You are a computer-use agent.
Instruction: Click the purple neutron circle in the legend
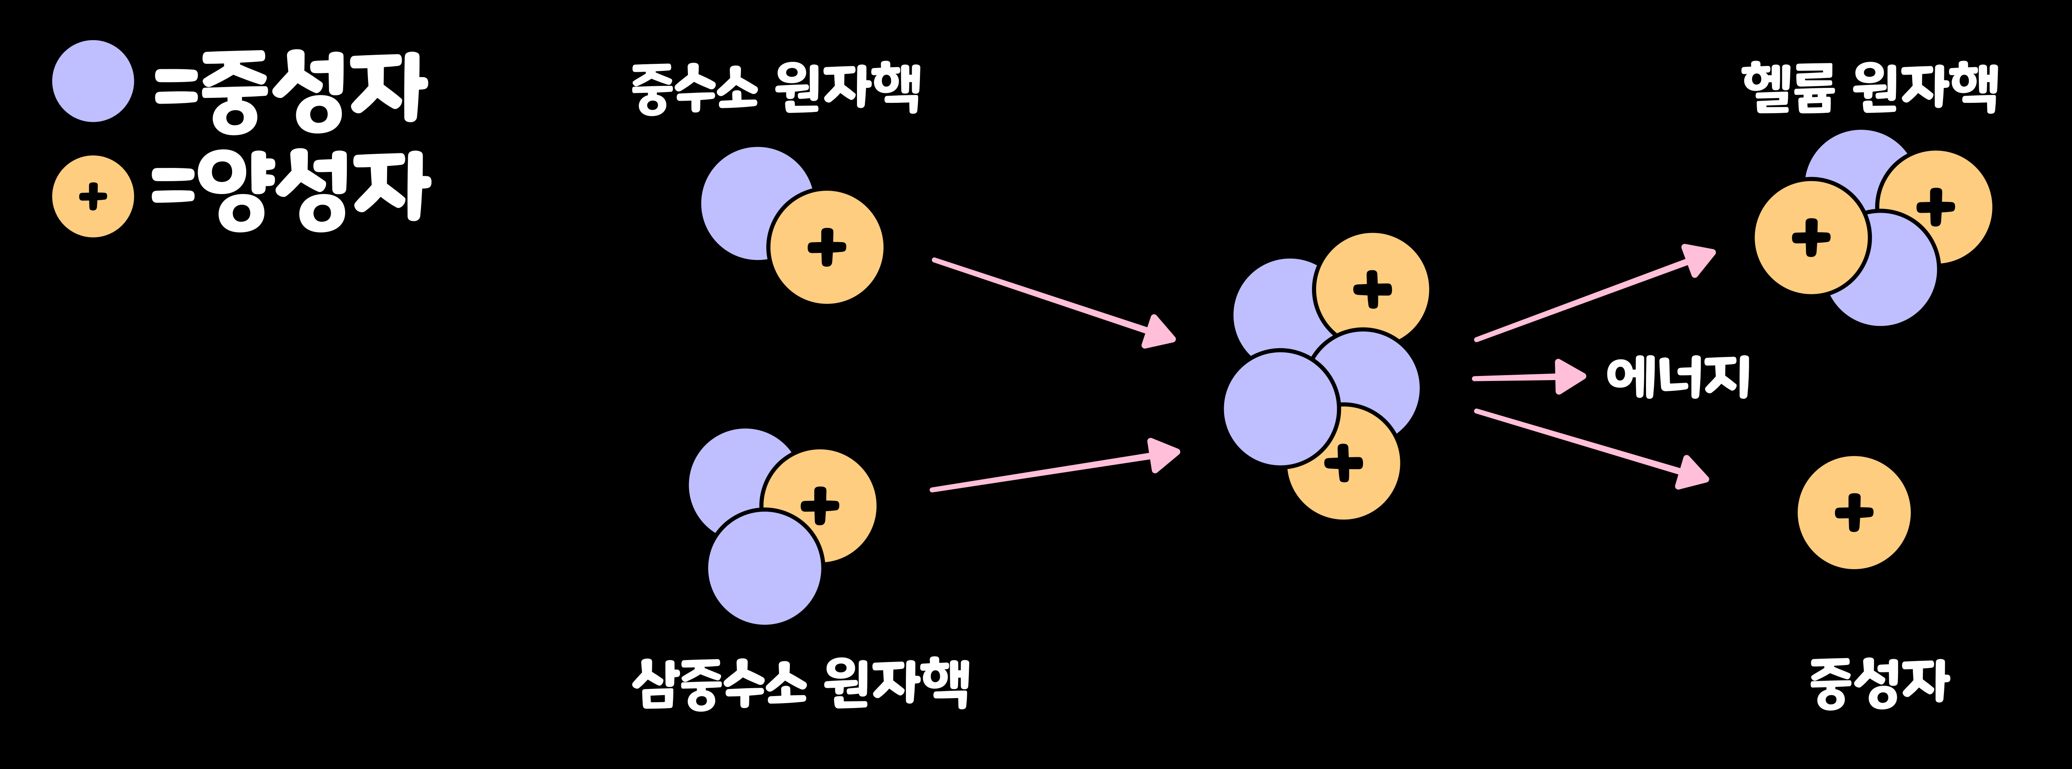click(93, 81)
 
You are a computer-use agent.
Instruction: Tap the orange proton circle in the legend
click(93, 196)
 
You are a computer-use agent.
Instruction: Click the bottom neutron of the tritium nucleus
click(764, 568)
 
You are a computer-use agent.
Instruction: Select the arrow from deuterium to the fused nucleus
click(1054, 302)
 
